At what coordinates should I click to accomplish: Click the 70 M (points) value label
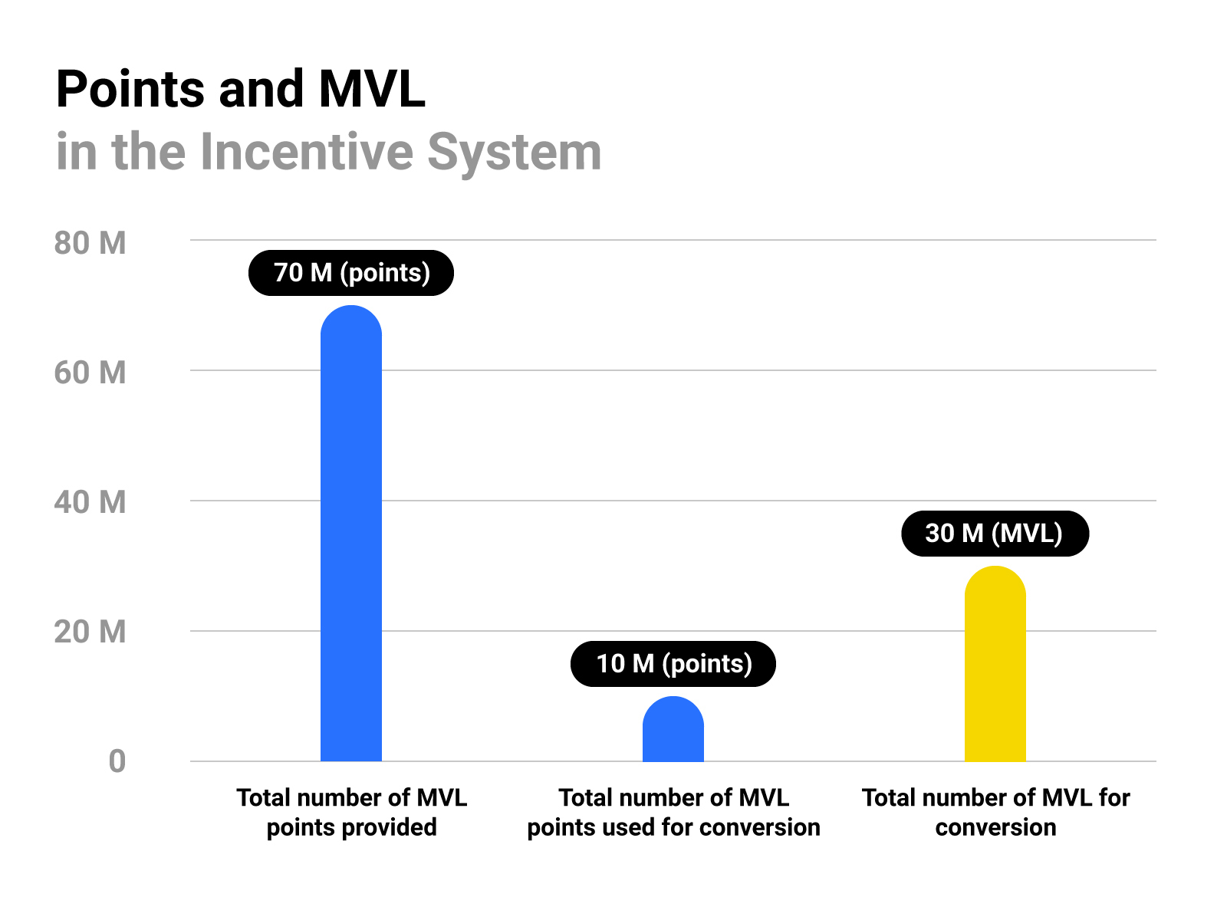click(x=351, y=273)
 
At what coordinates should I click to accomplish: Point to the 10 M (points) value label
click(x=673, y=664)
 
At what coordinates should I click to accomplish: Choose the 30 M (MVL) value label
click(x=995, y=534)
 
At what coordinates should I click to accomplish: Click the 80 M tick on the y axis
click(x=90, y=243)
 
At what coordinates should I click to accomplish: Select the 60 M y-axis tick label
click(x=90, y=373)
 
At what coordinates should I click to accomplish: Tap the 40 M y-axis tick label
click(x=90, y=502)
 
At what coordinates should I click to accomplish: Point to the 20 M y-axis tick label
click(x=90, y=632)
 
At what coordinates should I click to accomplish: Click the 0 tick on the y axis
click(x=117, y=761)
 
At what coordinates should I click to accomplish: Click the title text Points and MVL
click(x=240, y=90)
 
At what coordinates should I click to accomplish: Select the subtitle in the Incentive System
click(x=328, y=152)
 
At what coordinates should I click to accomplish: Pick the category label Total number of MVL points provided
click(x=351, y=813)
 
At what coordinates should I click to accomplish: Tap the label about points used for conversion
click(x=673, y=813)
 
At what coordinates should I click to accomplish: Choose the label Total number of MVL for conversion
click(x=995, y=813)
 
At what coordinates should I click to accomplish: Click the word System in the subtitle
click(x=514, y=152)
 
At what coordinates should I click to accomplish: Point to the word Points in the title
click(x=130, y=90)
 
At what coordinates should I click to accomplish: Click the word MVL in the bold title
click(x=371, y=90)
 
